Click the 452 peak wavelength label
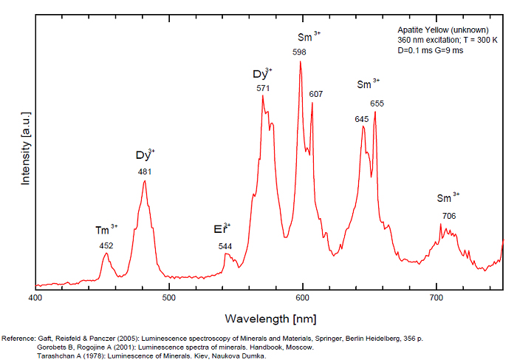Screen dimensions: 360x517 click(x=106, y=245)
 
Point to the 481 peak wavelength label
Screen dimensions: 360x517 click(x=145, y=172)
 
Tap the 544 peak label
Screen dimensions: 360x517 click(x=225, y=245)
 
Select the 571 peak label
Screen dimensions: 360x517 click(x=263, y=88)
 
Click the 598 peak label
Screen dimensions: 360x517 click(x=299, y=52)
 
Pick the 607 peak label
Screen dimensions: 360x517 click(x=316, y=94)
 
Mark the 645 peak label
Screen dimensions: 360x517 click(x=362, y=118)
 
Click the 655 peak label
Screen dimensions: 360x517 click(x=377, y=103)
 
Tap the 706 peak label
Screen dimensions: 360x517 click(x=448, y=216)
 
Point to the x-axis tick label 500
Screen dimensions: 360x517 click(x=168, y=297)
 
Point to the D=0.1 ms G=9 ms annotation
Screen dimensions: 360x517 click(x=431, y=50)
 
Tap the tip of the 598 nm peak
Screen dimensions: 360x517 click(x=300, y=61)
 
